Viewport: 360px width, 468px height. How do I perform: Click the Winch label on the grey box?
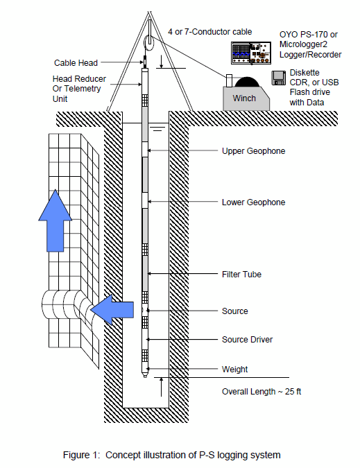[x=244, y=98]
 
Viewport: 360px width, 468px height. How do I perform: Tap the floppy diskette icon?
[x=279, y=78]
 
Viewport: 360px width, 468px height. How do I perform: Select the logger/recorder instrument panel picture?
[x=251, y=53]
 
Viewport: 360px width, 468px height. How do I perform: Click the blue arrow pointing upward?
[x=55, y=220]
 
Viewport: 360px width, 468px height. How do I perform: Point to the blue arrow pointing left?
[x=112, y=310]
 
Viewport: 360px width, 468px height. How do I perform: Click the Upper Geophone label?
[x=253, y=151]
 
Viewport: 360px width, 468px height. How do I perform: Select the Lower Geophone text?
[x=253, y=202]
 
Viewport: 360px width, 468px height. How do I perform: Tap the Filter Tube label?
[x=241, y=275]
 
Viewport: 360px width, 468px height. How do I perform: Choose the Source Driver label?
[x=247, y=340]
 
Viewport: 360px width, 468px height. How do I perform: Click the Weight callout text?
[x=234, y=370]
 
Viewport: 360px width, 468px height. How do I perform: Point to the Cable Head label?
[x=76, y=63]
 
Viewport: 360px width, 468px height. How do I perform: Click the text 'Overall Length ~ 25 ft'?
[x=262, y=392]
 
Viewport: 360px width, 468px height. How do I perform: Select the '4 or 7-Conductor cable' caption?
[x=210, y=32]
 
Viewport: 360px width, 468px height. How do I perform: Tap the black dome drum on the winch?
[x=246, y=82]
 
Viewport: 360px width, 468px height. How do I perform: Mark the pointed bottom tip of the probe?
[x=145, y=376]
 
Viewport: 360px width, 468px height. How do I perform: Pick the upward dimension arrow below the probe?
[x=161, y=387]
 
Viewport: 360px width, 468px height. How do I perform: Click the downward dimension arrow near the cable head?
[x=161, y=62]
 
